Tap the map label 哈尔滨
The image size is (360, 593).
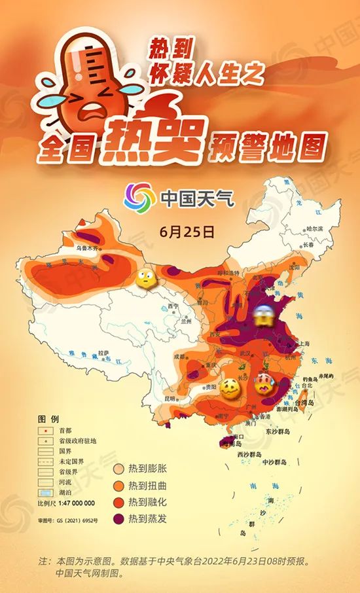[x=315, y=229]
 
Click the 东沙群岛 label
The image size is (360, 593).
[x=279, y=432]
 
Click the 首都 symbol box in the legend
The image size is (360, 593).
[x=45, y=431]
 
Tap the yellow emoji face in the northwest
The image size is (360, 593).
[x=144, y=279]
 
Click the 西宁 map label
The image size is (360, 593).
[x=173, y=306]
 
